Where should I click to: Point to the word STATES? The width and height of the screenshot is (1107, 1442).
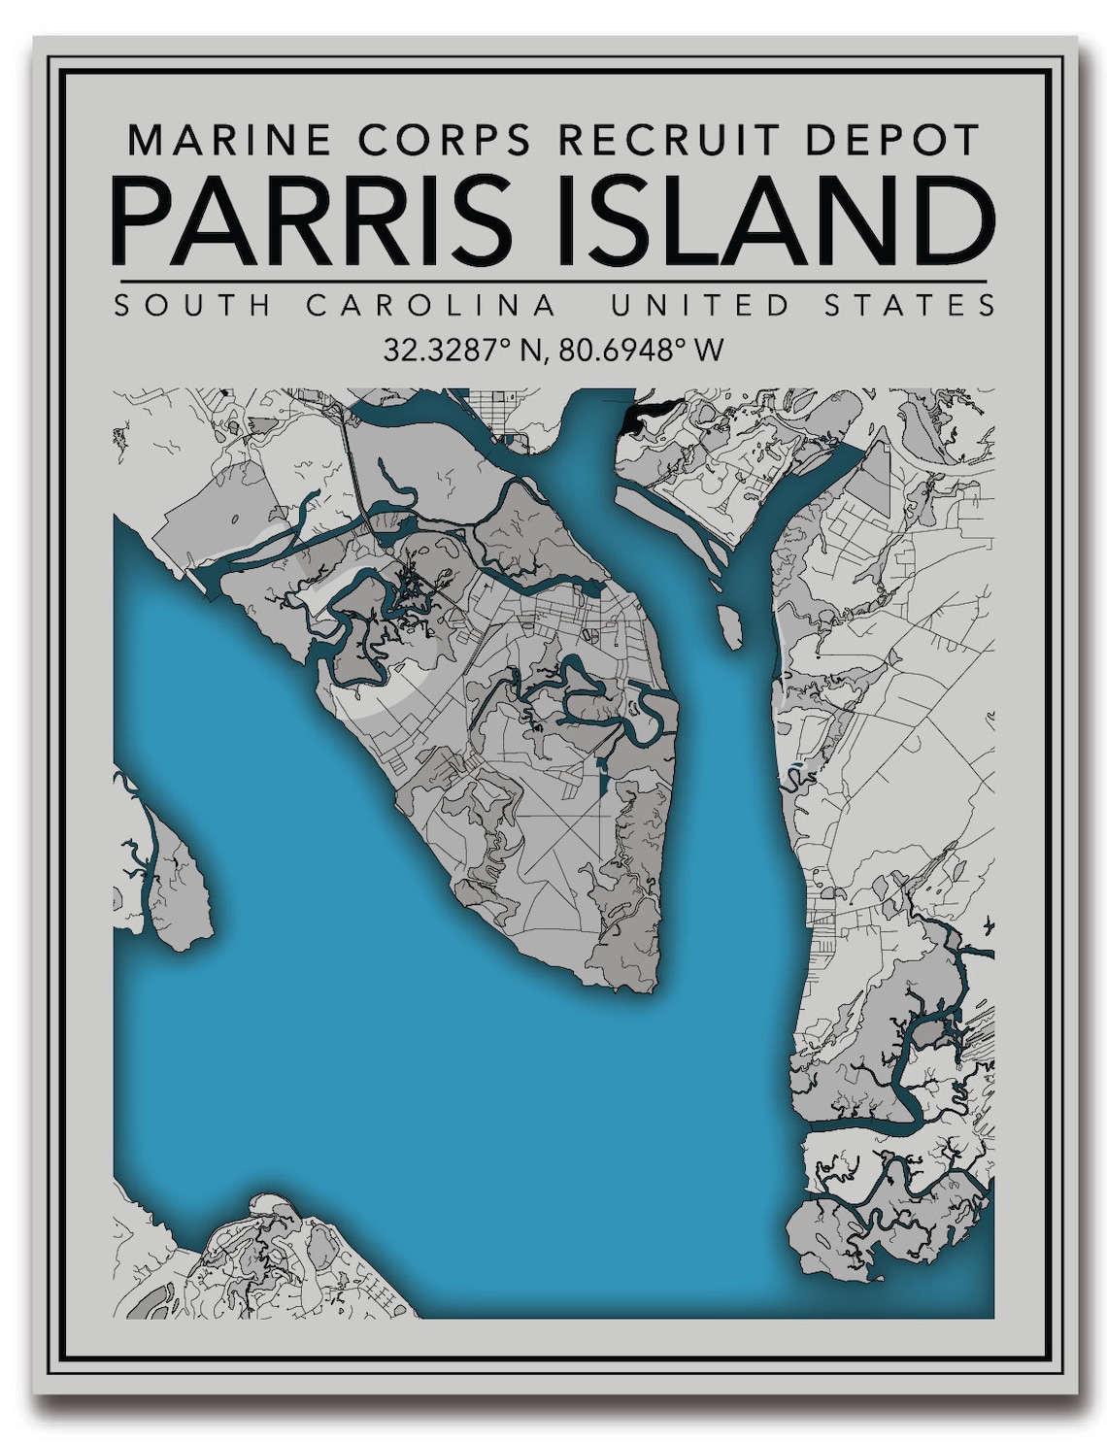coord(910,306)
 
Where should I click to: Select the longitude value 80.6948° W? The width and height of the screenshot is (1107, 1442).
coord(642,350)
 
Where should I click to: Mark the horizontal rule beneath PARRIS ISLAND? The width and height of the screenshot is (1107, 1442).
coord(550,282)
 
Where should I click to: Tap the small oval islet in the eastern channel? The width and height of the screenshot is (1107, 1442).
coord(729,626)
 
